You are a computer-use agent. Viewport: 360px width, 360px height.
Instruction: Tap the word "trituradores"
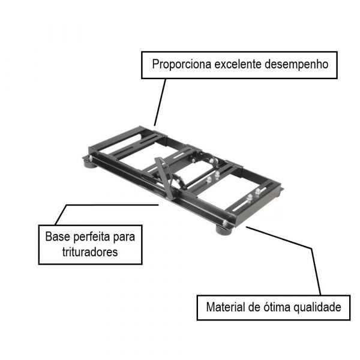(90, 252)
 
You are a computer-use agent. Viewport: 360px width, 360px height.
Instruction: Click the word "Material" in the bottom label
(226, 308)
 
